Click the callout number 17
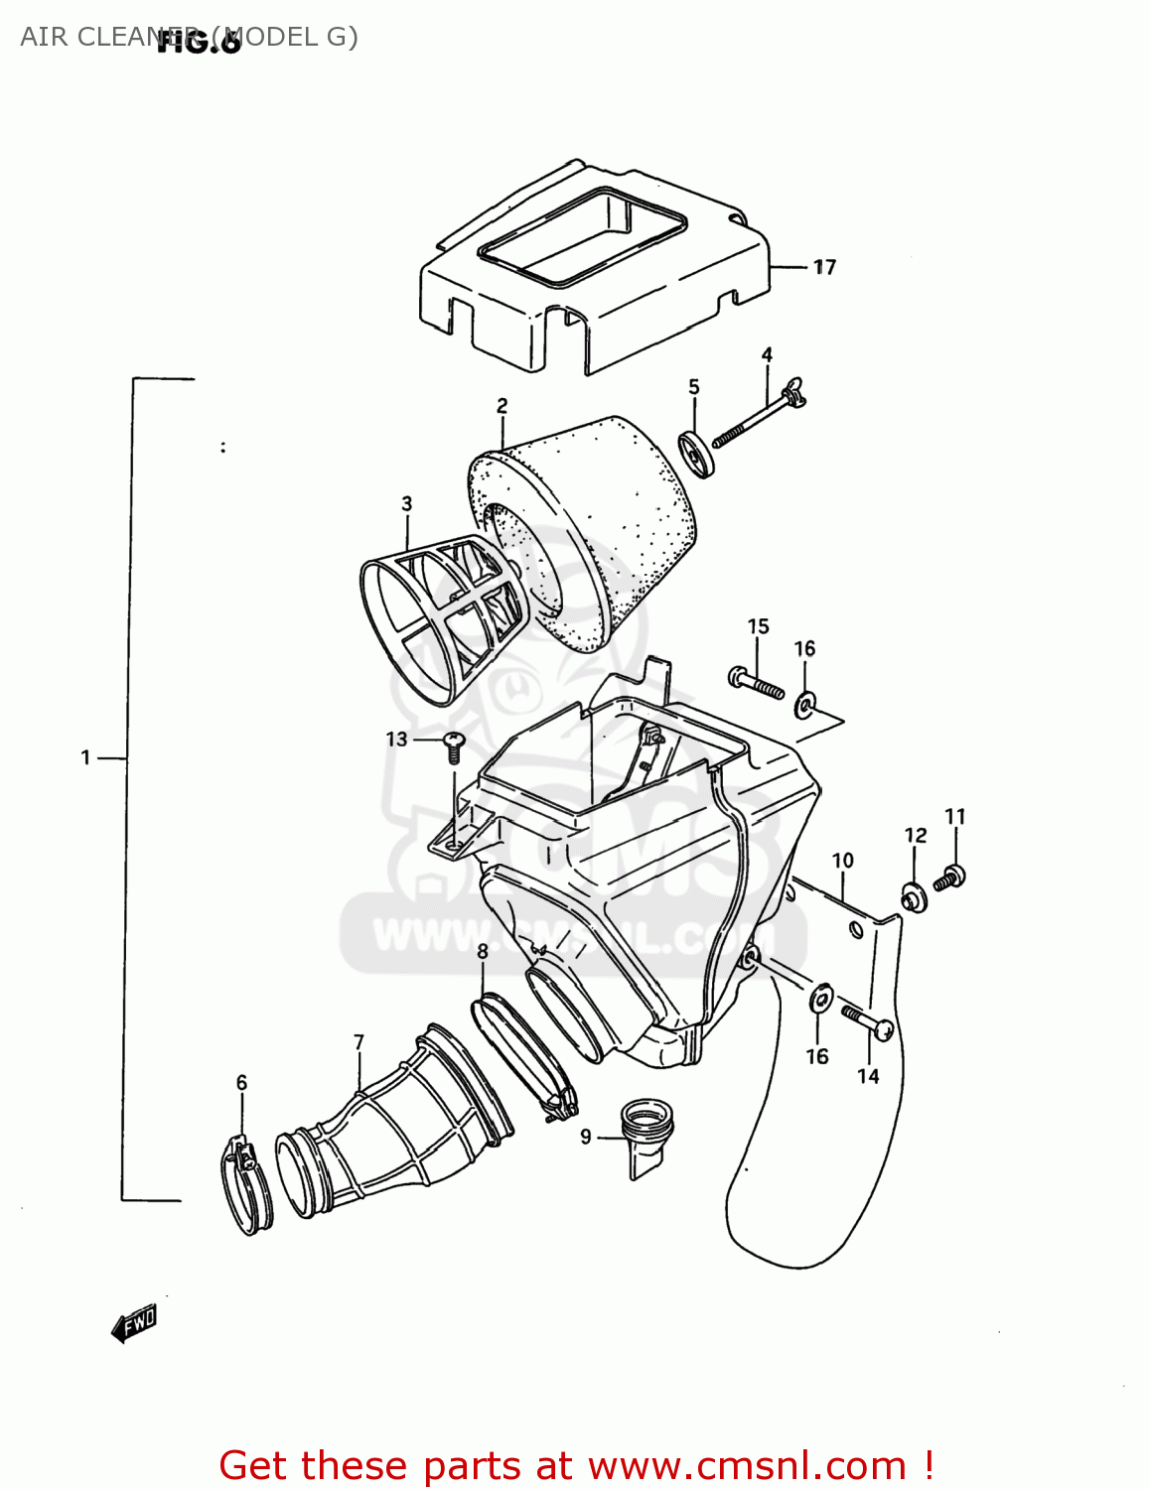pos(824,267)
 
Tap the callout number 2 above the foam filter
pos(503,405)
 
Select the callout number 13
pos(396,740)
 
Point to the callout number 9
pos(586,1137)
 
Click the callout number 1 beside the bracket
pos(86,758)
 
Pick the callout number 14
pos(868,1076)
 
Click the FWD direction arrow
pos(135,1323)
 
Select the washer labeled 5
pos(697,454)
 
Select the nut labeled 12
pos(914,896)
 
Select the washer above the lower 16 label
pos(821,1000)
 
